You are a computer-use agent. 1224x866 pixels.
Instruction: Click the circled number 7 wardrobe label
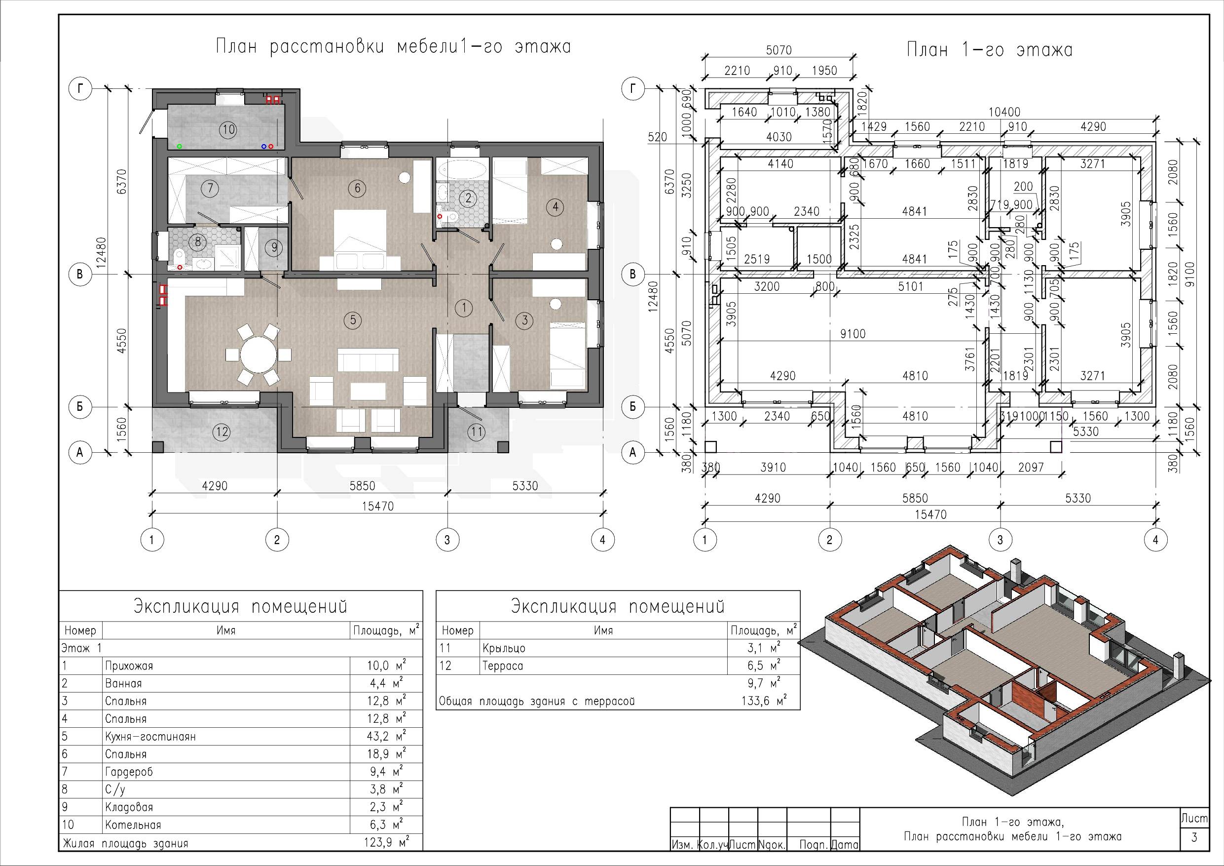coord(210,188)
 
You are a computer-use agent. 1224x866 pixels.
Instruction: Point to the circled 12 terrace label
coord(222,432)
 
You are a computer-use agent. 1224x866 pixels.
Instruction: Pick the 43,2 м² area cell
coord(386,736)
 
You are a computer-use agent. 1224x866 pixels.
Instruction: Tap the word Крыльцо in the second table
coord(504,648)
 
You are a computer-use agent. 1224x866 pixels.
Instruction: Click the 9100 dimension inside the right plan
coord(853,333)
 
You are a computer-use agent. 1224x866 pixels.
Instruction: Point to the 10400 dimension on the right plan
coord(1004,112)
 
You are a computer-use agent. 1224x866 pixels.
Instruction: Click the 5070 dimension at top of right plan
coord(779,50)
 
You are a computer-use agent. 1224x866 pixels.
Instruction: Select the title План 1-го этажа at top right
coord(990,50)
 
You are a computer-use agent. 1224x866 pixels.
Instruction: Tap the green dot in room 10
coord(180,146)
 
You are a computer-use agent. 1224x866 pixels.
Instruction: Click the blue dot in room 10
coord(263,146)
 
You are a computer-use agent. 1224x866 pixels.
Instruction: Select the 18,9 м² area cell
coord(386,754)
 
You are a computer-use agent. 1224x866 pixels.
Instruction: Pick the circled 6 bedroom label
coord(357,188)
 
